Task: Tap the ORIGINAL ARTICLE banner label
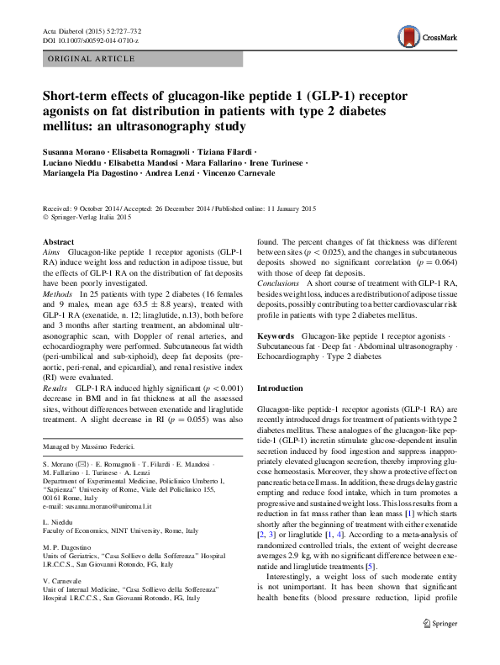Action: click(x=92, y=59)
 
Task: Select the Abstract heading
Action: click(x=59, y=241)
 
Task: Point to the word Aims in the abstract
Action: click(x=53, y=252)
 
